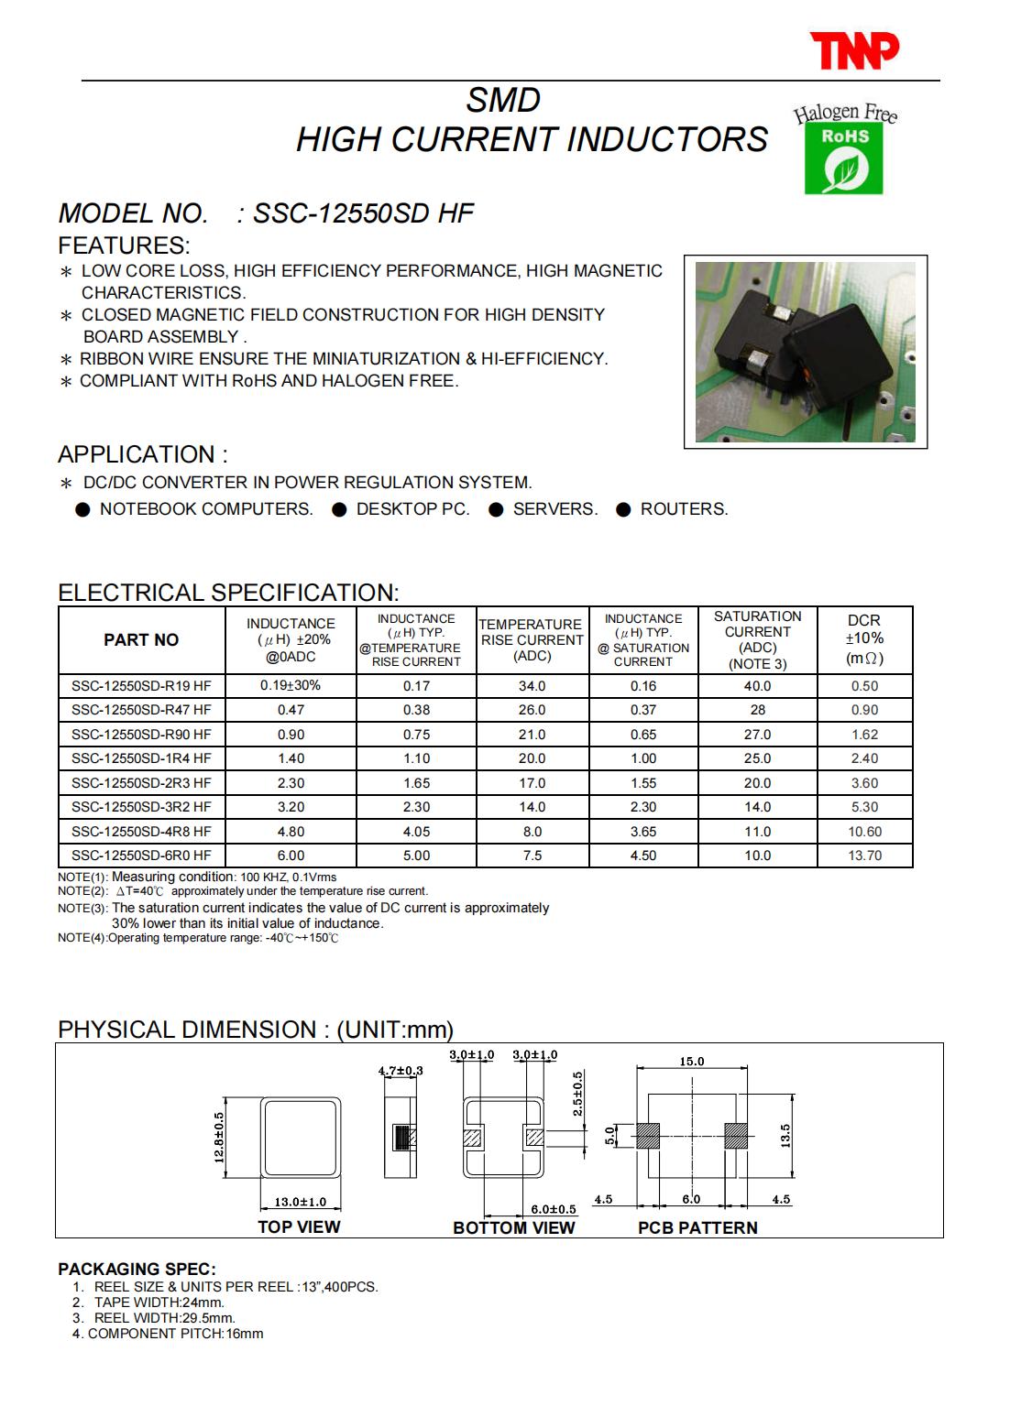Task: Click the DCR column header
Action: point(863,639)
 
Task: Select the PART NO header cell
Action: point(141,640)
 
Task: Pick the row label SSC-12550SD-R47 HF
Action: point(141,710)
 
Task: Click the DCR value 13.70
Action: point(864,856)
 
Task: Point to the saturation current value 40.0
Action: point(757,686)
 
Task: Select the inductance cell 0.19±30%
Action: point(291,685)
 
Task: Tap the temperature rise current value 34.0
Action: point(532,686)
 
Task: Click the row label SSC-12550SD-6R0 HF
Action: point(141,856)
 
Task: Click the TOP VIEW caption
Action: point(299,1227)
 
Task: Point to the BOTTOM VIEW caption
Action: point(514,1228)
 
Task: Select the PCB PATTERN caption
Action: point(697,1228)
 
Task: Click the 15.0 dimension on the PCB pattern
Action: point(692,1062)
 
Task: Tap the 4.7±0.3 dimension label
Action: point(401,1071)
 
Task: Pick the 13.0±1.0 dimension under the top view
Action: point(301,1203)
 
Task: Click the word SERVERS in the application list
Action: point(554,509)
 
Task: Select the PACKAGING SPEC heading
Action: point(137,1270)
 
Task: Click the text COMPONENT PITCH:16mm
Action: point(175,1334)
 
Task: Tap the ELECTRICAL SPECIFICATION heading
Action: point(228,593)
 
